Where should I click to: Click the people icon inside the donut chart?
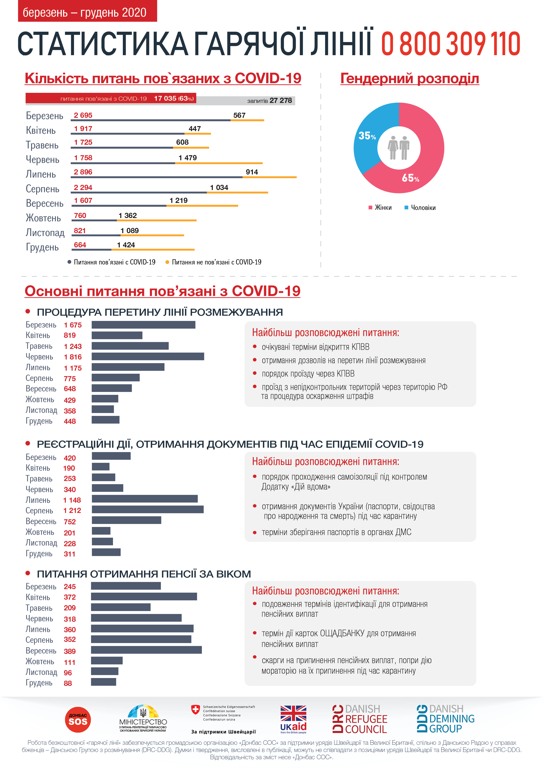399,148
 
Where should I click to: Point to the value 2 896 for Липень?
83,172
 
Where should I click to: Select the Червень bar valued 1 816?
148,357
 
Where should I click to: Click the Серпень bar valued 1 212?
148,509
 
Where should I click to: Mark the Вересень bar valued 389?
146,650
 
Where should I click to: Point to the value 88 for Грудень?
68,683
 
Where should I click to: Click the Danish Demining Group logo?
445,719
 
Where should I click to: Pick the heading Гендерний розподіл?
409,79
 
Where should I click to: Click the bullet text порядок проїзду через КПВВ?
308,374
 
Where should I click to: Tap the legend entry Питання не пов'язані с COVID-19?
216,262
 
